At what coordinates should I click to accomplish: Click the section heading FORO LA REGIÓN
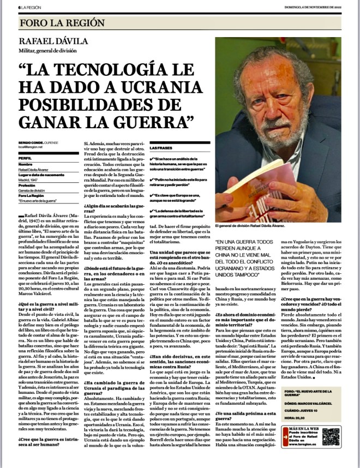62,23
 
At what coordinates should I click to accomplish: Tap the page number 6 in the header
19,7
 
